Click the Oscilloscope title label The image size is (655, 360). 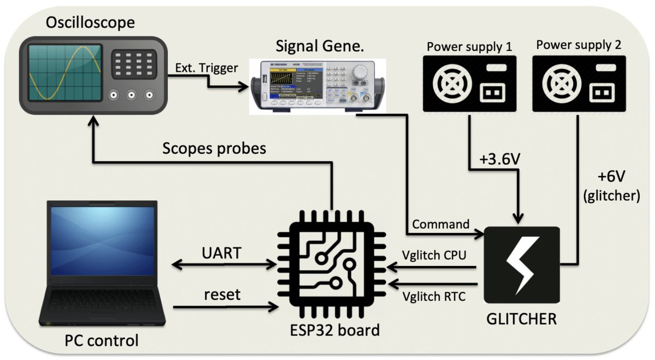(90, 23)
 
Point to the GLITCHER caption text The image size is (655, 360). (521, 319)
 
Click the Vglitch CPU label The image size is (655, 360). (434, 255)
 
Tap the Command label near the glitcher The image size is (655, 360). (440, 224)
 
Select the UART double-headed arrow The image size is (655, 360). (224, 265)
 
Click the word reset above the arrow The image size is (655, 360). (222, 295)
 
